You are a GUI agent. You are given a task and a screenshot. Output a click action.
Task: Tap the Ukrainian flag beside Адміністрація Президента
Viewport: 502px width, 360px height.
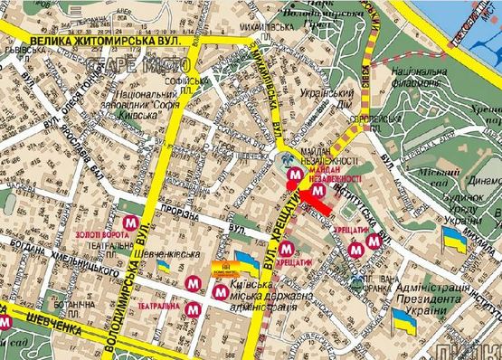(402, 319)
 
